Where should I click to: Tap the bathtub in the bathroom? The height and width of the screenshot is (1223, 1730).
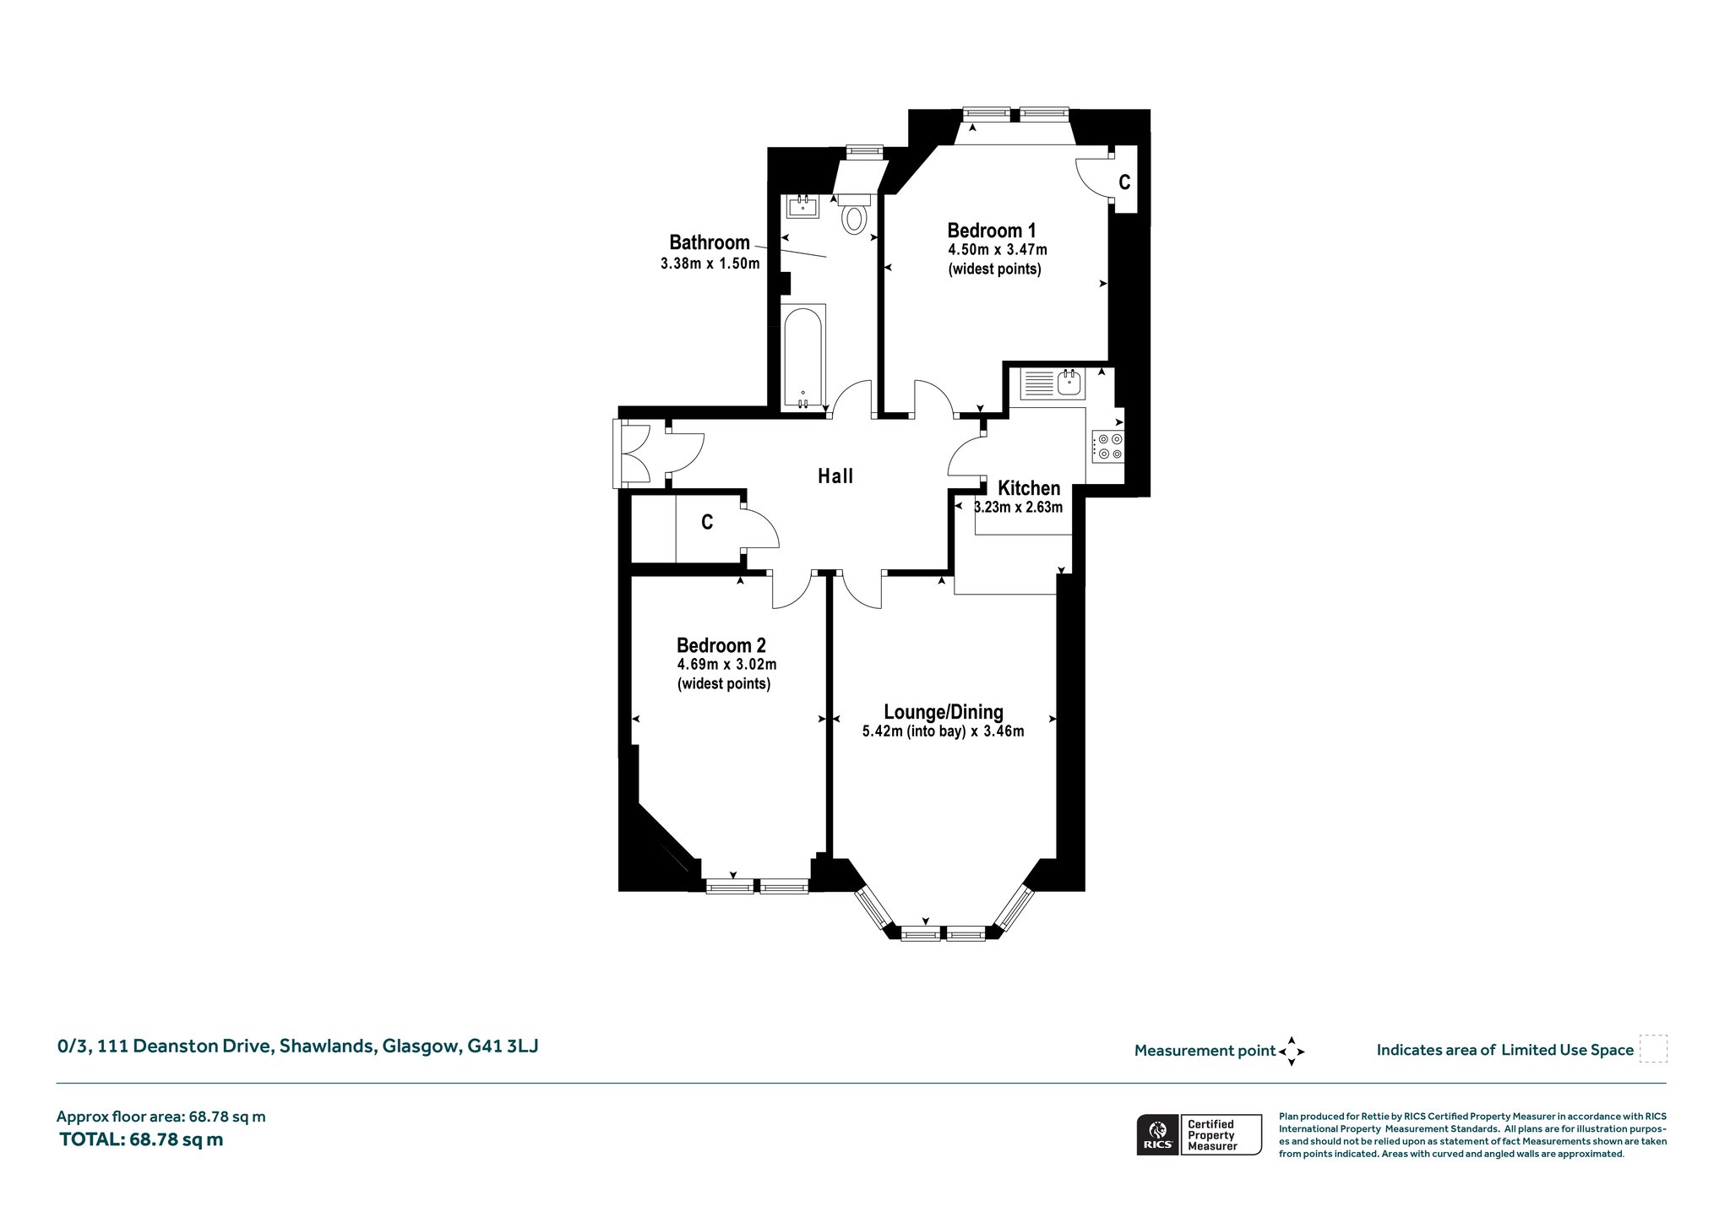tap(803, 357)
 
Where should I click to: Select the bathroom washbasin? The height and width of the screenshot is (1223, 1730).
tap(802, 206)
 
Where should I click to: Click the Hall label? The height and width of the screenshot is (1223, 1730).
tap(835, 476)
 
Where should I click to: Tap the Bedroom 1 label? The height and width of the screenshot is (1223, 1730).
tap(992, 231)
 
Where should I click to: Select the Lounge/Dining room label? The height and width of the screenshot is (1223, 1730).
tap(943, 712)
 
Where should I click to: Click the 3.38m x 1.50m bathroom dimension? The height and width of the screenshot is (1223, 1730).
tap(710, 264)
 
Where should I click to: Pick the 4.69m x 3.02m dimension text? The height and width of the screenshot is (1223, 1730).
tap(726, 665)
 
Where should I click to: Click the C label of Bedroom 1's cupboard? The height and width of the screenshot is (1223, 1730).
tap(1124, 182)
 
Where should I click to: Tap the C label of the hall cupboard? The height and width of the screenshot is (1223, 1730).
tap(707, 523)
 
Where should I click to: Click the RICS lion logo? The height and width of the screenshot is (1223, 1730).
tap(1157, 1134)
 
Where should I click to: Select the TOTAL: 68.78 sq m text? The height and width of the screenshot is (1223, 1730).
tap(141, 1139)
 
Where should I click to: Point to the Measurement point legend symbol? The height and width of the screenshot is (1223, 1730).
tap(1292, 1052)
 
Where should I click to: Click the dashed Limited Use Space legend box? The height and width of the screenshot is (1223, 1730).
tap(1653, 1049)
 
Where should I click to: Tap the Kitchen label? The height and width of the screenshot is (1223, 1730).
tap(1029, 488)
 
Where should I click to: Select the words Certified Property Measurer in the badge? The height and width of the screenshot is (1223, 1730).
tap(1212, 1135)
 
